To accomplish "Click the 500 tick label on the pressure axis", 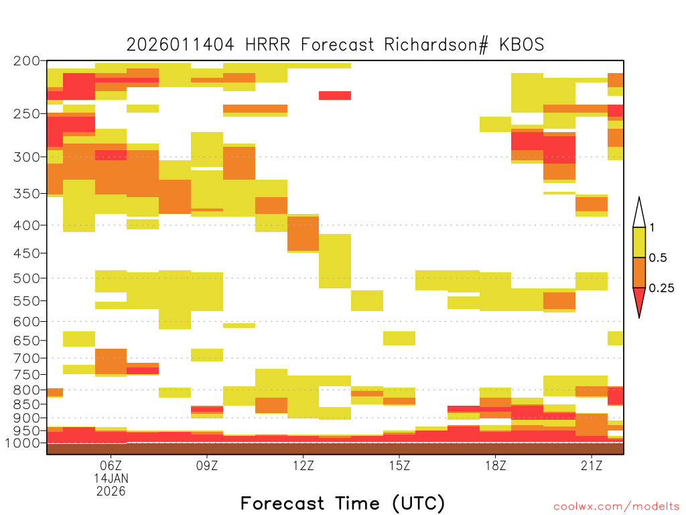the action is point(26,278).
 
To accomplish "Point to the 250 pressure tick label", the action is point(26,114).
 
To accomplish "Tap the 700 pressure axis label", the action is point(26,358).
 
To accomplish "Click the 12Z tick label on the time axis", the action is point(303,465).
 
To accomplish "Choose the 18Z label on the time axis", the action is point(496,465).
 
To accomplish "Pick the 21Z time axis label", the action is point(592,465).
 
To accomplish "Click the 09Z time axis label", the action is point(207,465).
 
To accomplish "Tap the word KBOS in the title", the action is point(521,45).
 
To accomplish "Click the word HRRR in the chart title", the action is point(268,45).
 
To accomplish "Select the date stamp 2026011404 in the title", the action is point(180,45).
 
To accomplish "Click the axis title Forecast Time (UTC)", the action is point(342,503).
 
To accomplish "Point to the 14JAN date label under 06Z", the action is point(111,478).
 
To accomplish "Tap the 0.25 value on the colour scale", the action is point(661,288).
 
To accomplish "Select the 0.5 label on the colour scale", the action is point(658,257).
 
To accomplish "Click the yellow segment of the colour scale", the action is point(639,242).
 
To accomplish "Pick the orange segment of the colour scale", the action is point(639,272).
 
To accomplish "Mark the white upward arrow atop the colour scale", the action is point(639,213).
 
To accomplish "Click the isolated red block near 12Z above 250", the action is point(335,95).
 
